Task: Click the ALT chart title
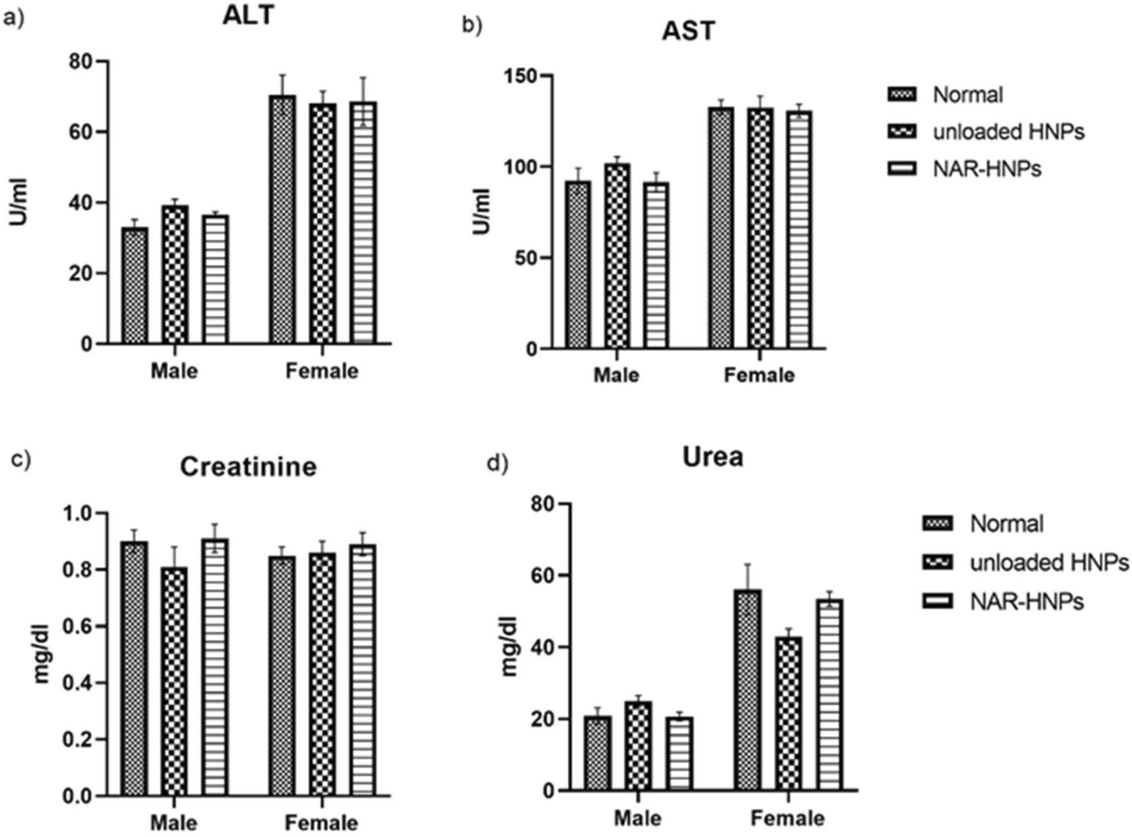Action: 248,15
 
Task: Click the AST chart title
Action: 688,31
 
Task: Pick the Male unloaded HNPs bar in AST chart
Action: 616,256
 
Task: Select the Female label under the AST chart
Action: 759,375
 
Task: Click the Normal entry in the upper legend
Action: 967,95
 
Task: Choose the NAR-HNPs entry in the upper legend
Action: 986,168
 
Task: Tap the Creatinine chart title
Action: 248,467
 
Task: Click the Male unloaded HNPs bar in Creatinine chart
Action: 174,681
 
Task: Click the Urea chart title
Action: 712,457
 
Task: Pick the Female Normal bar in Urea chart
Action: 747,690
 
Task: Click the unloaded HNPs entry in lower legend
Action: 1049,563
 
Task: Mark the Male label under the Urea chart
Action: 637,818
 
